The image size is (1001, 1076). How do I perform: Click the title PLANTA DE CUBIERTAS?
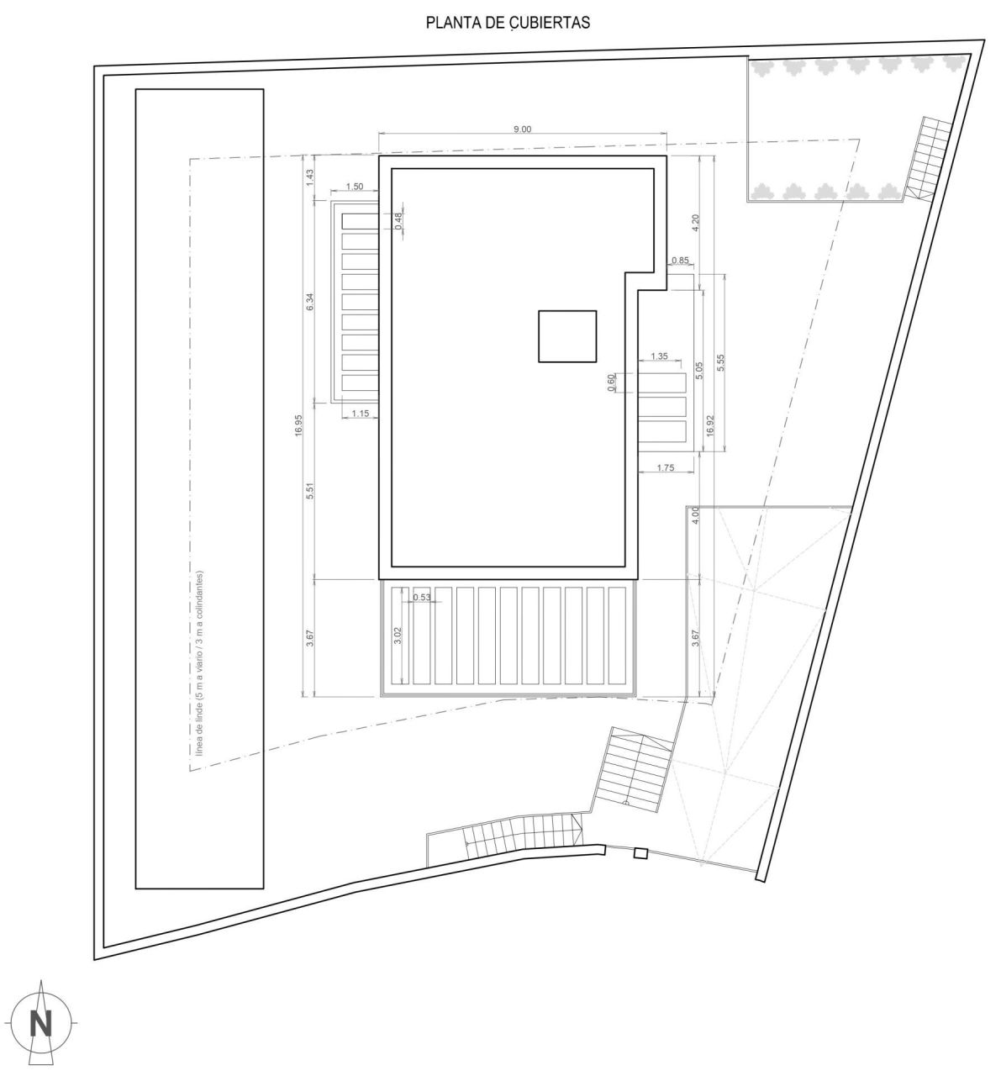point(508,23)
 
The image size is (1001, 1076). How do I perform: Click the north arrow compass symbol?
point(40,1023)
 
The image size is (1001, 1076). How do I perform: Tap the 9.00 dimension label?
point(523,129)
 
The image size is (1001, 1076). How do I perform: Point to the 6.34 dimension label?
point(310,302)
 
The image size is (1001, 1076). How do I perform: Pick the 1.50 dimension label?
point(355,187)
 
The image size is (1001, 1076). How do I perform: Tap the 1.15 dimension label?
point(361,414)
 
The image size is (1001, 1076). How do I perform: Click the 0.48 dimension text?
point(399,221)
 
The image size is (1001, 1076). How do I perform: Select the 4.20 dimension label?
point(697,223)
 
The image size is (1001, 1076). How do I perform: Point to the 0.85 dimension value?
point(680,260)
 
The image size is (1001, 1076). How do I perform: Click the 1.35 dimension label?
point(659,356)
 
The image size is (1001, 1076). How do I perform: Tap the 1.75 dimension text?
point(665,467)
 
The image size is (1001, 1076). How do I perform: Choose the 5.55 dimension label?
point(721,362)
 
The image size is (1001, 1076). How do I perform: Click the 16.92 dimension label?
point(711,425)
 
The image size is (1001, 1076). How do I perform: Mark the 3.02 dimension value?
point(398,635)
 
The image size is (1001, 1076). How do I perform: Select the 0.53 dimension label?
point(422,597)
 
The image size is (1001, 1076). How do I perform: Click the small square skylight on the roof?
point(567,336)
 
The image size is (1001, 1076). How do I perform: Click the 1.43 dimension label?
point(310,177)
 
